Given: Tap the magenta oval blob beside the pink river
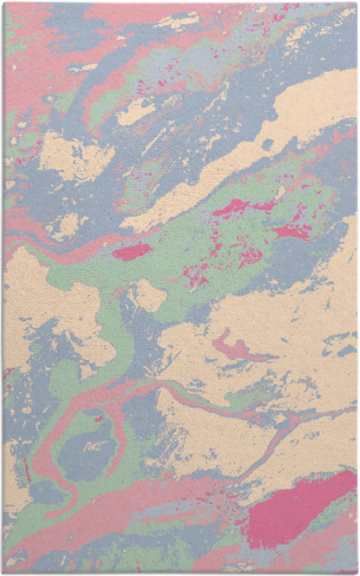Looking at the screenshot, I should [133, 252].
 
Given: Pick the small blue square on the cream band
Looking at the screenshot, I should [267, 143].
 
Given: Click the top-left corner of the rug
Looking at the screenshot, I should [4, 3].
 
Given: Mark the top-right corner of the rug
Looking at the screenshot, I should [356, 3].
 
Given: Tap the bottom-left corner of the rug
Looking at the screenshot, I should [4, 572].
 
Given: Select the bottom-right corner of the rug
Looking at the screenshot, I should [356, 572].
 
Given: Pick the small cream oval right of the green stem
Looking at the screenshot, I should [149, 296].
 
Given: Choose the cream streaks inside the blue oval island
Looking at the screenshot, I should [93, 444].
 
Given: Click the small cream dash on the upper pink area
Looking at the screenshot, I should [85, 67].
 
